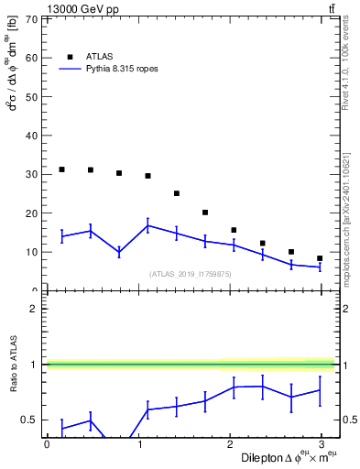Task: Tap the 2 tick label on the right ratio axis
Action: [x=347, y=309]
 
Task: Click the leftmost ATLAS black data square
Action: [x=61, y=169]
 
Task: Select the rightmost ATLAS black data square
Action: [x=320, y=258]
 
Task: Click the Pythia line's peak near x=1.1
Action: [x=147, y=225]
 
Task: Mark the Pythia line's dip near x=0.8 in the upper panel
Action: [x=119, y=252]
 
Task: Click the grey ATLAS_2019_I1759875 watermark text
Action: [x=189, y=273]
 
